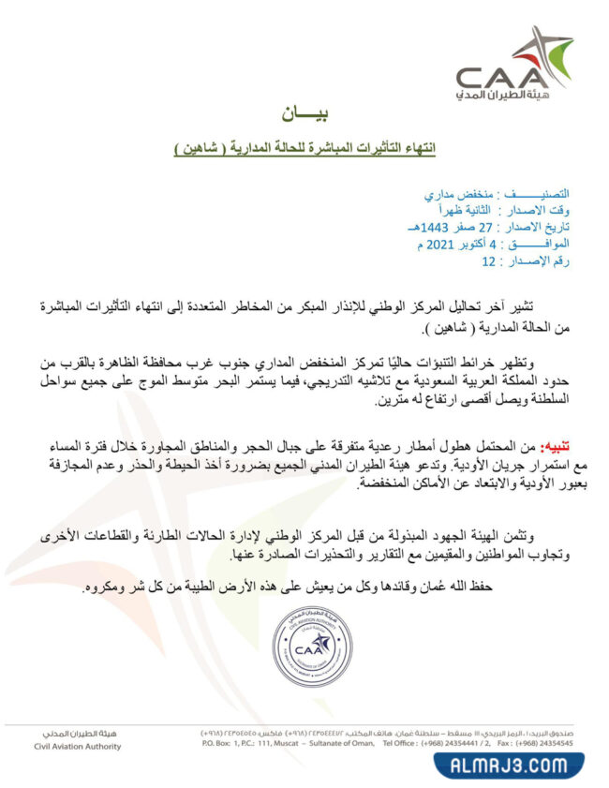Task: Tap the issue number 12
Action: coord(487,261)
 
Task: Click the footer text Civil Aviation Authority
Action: coord(77,746)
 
